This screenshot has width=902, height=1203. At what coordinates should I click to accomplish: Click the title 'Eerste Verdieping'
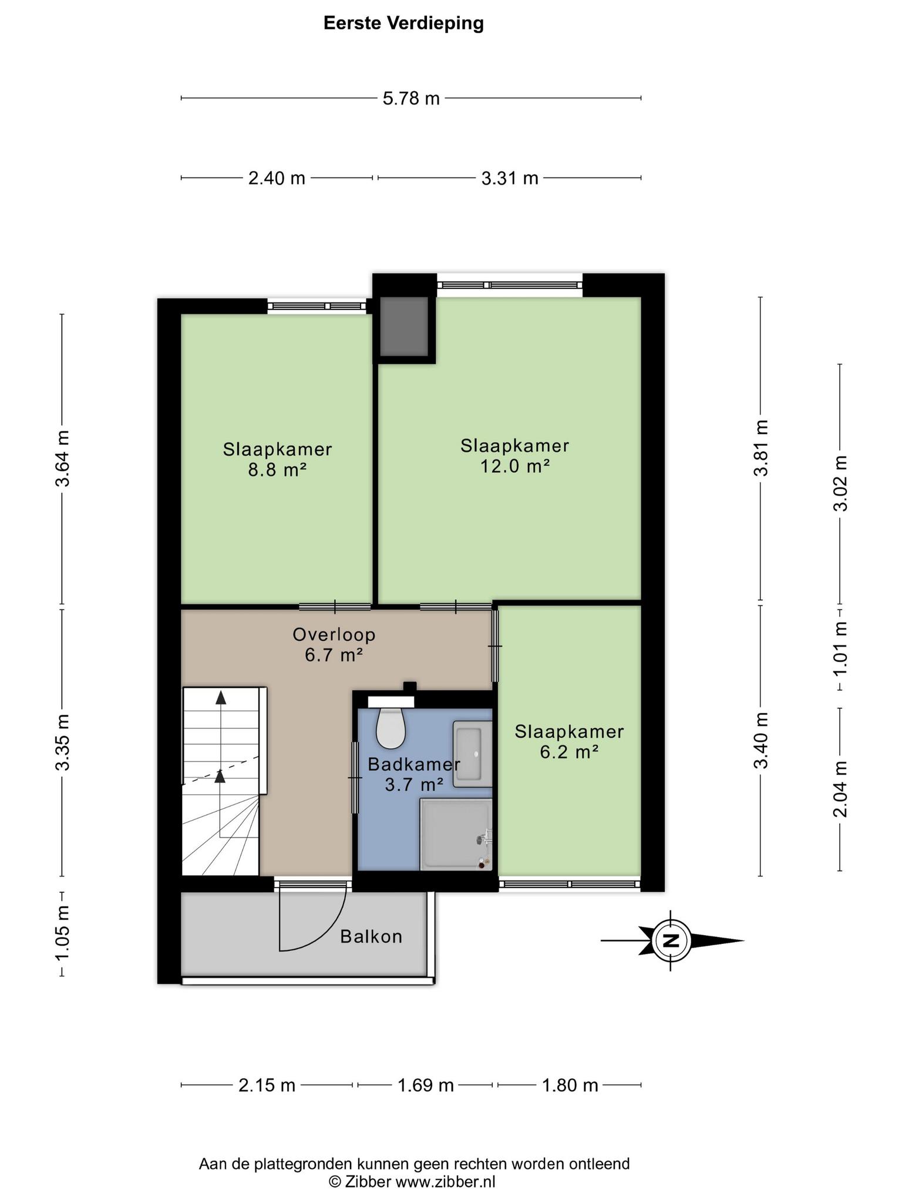click(403, 23)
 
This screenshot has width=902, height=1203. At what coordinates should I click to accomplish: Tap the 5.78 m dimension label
click(411, 98)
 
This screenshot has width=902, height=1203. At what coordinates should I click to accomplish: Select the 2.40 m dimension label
click(277, 177)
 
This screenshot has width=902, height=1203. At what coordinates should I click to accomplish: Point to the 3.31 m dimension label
click(510, 177)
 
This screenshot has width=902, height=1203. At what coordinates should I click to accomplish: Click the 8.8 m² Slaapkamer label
click(277, 459)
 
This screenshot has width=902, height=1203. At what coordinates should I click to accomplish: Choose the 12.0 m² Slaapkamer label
click(515, 456)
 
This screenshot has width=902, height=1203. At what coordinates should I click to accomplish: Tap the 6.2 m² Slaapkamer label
click(569, 741)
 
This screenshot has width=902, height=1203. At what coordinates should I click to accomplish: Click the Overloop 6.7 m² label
click(334, 644)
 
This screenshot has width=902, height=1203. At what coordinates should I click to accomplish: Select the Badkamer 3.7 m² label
click(414, 774)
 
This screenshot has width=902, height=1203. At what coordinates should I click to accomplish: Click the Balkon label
click(371, 936)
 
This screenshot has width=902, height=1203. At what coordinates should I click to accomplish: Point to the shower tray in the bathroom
click(456, 834)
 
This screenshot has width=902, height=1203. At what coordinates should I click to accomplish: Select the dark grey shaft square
click(404, 326)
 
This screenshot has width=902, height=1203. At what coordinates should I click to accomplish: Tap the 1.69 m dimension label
click(426, 1085)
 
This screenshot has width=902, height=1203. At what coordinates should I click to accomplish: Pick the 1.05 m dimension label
click(62, 933)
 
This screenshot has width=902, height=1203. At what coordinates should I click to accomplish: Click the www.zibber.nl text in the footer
click(445, 1182)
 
